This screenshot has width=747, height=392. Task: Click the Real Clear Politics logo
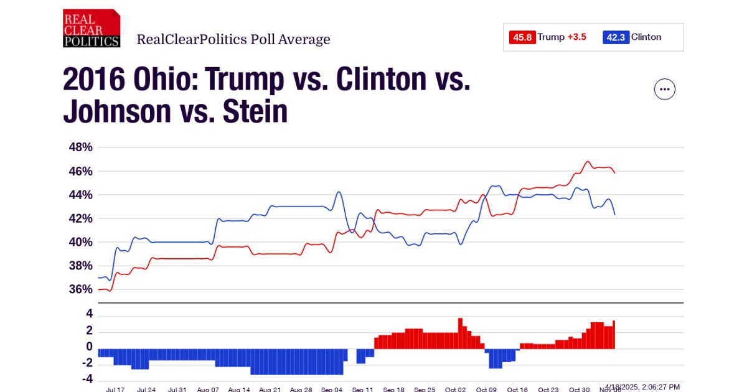tap(91, 29)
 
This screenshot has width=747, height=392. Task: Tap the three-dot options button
tap(665, 90)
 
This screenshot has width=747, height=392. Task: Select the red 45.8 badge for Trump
tap(522, 37)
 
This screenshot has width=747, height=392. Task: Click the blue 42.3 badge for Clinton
tap(615, 37)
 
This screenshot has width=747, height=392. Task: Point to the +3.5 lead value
tap(577, 37)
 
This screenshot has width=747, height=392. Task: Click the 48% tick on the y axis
tap(80, 147)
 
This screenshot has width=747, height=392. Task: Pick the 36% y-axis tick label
tap(80, 289)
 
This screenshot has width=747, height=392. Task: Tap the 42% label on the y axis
tap(80, 218)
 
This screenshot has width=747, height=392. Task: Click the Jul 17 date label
tap(115, 390)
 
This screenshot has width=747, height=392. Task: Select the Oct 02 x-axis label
tap(455, 390)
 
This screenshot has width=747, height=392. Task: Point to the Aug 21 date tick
tap(270, 390)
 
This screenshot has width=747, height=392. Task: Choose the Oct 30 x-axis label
tap(579, 390)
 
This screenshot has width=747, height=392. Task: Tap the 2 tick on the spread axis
tap(89, 330)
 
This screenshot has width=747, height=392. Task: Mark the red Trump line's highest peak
tap(587, 162)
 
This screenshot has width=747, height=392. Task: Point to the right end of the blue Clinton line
tap(614, 214)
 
